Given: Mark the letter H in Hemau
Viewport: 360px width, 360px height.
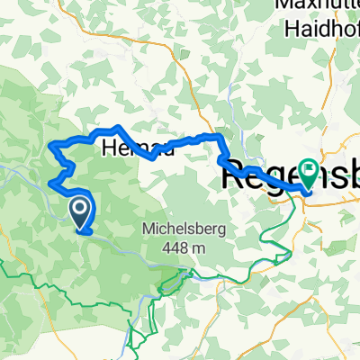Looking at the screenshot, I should tap(111, 148).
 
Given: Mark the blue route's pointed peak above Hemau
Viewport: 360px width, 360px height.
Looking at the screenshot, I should tap(117, 127).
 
